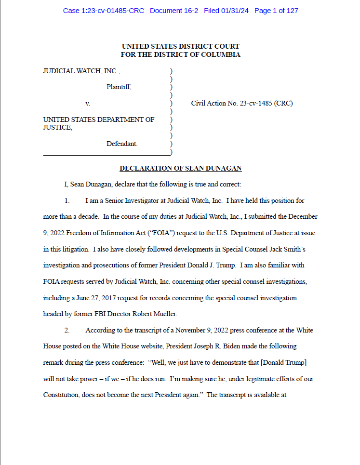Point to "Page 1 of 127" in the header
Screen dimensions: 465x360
(x=276, y=11)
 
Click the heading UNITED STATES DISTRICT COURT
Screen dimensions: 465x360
(x=180, y=47)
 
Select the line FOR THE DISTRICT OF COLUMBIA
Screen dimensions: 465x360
(x=180, y=54)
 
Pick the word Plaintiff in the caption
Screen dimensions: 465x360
(x=119, y=87)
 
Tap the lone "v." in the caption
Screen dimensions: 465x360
(x=88, y=103)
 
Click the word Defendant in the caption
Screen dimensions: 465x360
(x=122, y=144)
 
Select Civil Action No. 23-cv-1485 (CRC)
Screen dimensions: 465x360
(x=242, y=103)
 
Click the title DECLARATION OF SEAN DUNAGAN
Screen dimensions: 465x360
(x=180, y=168)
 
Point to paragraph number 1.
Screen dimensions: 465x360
(x=68, y=200)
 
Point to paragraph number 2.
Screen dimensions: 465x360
(x=68, y=331)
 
